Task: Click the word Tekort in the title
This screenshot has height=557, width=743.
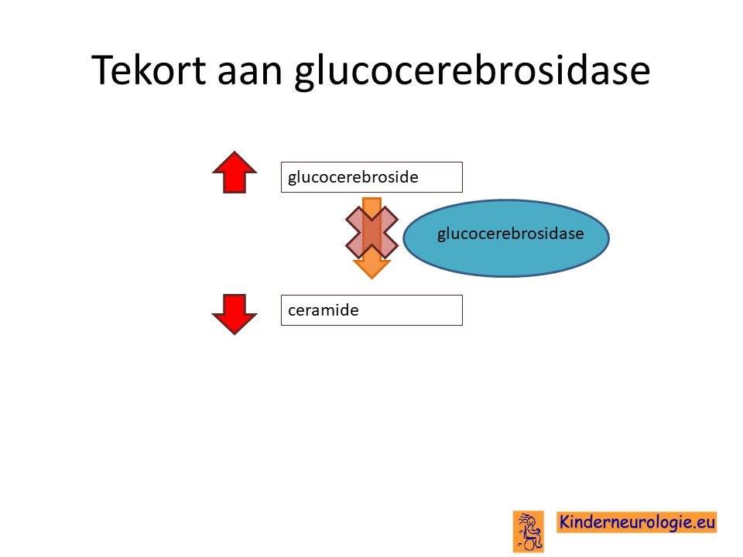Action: [x=149, y=70]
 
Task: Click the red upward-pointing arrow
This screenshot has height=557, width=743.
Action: [x=235, y=172]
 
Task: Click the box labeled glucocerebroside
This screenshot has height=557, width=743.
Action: [x=371, y=177]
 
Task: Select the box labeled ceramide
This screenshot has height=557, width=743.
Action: [x=371, y=310]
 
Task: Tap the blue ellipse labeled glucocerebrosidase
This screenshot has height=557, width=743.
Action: [x=506, y=237]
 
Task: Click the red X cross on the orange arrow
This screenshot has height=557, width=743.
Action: [x=372, y=233]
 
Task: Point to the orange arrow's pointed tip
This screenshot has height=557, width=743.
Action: [x=372, y=278]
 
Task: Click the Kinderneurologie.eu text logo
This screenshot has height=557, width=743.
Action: [x=636, y=522]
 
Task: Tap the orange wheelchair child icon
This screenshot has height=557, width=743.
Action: [x=529, y=531]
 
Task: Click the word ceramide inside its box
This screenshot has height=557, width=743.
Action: [x=324, y=310]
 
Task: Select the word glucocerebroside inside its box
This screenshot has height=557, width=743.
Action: [x=353, y=178]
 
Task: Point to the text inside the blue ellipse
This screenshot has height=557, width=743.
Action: [x=510, y=234]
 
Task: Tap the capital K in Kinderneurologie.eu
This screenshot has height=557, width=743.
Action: [x=565, y=522]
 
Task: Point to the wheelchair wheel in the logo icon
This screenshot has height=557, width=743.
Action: [x=531, y=545]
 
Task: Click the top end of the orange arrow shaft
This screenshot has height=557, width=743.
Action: [x=372, y=199]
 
